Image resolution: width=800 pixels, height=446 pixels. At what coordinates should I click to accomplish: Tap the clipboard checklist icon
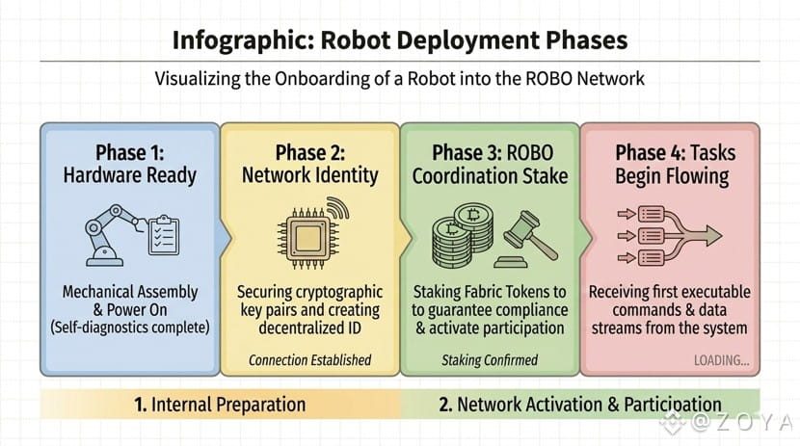163,233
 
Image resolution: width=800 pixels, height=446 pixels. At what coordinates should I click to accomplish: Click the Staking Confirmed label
490,361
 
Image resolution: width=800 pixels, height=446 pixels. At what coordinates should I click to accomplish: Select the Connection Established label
309,361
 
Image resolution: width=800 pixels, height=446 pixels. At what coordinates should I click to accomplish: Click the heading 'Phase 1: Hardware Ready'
130,164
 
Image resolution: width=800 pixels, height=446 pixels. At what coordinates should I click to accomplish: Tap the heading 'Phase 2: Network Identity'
308,164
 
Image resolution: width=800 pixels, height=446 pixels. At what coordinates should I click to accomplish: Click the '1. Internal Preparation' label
221,404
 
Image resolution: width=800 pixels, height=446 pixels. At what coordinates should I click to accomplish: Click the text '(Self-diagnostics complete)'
130,328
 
